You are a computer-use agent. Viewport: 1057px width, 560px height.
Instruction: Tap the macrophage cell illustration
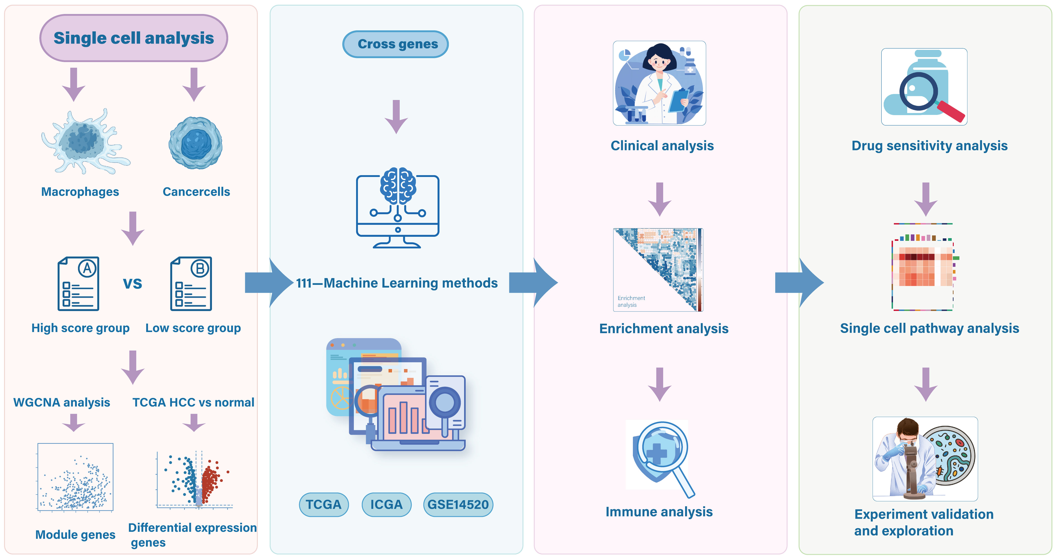click(84, 142)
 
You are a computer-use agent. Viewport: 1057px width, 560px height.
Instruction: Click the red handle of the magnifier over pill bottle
click(951, 112)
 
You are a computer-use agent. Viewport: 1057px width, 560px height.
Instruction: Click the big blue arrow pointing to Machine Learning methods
click(269, 283)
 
